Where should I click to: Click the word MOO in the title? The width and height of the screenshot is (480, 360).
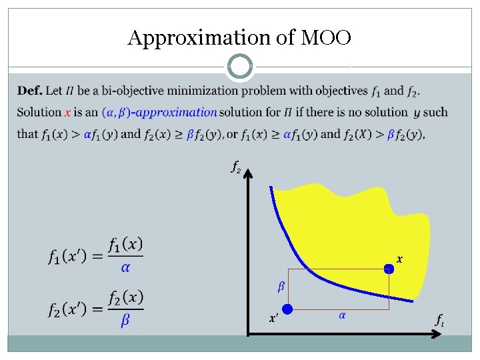(325, 38)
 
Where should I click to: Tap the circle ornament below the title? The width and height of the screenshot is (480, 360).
(239, 67)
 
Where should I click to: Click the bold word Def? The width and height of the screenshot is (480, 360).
(30, 91)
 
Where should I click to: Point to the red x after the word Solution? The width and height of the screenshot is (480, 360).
(68, 112)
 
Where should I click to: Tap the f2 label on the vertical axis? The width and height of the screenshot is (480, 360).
(235, 168)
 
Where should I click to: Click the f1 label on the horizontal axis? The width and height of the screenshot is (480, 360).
(440, 321)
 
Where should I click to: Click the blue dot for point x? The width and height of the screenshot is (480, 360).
(389, 269)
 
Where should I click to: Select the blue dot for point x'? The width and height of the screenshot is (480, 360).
(287, 309)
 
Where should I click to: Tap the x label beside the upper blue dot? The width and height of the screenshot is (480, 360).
(399, 258)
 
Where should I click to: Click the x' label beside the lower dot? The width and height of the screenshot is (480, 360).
(273, 319)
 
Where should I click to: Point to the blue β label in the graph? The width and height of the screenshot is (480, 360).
(281, 287)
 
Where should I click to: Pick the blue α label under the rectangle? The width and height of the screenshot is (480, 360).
(342, 315)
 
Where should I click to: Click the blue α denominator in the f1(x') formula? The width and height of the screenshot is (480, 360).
(124, 267)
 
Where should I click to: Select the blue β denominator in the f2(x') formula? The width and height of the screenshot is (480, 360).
(125, 321)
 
